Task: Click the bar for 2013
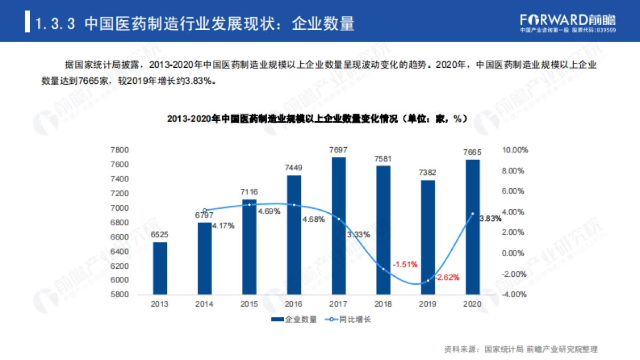(160, 268)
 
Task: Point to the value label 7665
(473, 154)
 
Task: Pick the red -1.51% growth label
(405, 264)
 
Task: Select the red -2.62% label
(447, 277)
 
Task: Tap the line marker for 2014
(205, 210)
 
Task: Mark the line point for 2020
(473, 214)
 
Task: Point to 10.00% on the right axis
(515, 150)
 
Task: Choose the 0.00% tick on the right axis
(515, 253)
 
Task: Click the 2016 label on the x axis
(294, 304)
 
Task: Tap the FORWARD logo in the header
(567, 20)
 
